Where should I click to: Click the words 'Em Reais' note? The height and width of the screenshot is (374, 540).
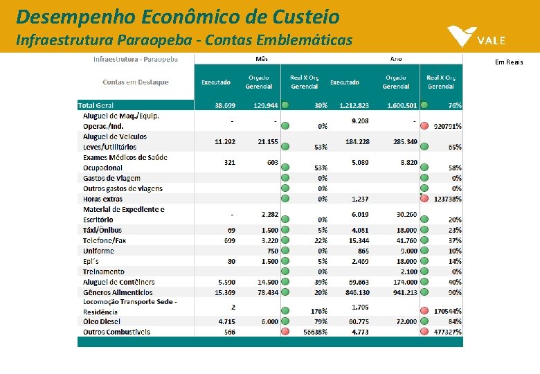[509, 62]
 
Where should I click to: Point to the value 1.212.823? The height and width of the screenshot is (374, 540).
[354, 105]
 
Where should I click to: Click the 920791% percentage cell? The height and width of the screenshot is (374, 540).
[447, 127]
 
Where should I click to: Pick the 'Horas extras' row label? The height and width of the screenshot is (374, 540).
[102, 199]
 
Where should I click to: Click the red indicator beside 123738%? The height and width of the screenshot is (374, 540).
[424, 199]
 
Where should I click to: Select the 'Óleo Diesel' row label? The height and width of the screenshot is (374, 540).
[101, 321]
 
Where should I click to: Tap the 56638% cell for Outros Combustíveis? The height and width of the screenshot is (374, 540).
[314, 332]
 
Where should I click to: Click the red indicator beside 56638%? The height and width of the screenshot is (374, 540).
[285, 332]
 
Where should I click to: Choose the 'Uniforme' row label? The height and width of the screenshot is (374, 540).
[98, 251]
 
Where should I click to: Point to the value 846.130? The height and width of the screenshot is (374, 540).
[355, 292]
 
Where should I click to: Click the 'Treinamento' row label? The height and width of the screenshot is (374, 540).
[104, 271]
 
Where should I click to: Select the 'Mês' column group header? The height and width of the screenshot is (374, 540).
[262, 60]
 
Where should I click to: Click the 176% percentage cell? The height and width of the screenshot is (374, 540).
[318, 311]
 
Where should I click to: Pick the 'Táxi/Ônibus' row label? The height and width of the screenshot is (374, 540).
[102, 230]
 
